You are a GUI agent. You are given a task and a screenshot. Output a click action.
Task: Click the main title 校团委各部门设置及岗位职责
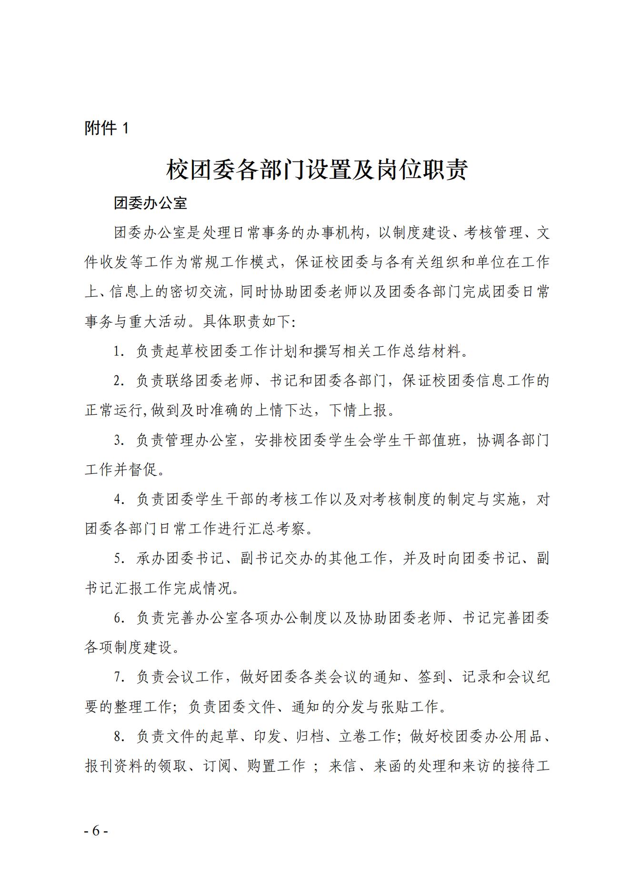[x=317, y=170]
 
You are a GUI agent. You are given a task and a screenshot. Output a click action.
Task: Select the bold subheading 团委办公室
[x=150, y=203]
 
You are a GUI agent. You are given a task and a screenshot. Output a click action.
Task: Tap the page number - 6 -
[x=97, y=831]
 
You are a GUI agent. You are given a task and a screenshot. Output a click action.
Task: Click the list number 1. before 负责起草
[x=119, y=351]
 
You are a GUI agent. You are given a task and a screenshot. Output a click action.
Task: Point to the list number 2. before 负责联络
[x=119, y=381]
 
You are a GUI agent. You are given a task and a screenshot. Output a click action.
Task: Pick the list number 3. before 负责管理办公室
[x=119, y=440]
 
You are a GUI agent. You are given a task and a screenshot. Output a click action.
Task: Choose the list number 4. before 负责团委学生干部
[x=119, y=500]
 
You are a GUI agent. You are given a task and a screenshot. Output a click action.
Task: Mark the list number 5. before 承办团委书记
[x=119, y=559]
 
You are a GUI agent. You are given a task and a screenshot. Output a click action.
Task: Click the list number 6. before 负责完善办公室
[x=119, y=618]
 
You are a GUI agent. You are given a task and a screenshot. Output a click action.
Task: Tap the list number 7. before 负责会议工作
[x=119, y=677]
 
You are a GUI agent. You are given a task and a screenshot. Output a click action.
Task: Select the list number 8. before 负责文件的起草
[x=119, y=737]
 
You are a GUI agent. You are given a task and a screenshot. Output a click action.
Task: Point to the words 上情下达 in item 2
[x=284, y=410]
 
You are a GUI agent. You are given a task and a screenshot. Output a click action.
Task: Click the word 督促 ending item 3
[x=143, y=470]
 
